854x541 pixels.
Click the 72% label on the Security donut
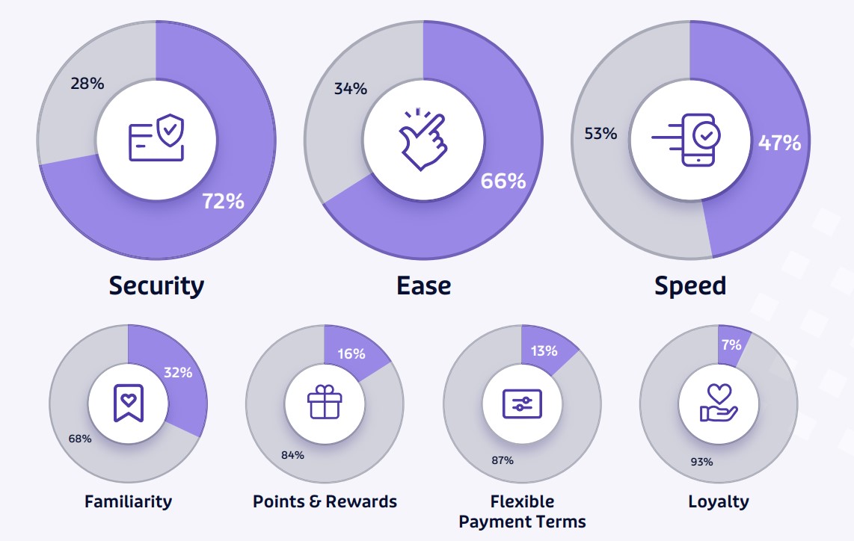[224, 201]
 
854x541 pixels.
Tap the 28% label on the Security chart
[87, 83]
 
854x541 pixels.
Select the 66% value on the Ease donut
[503, 181]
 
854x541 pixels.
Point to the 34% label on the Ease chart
[351, 88]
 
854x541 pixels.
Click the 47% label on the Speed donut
[780, 143]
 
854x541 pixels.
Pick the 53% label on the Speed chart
[600, 133]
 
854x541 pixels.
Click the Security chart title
[156, 285]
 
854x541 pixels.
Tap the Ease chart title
[424, 285]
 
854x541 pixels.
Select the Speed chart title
[690, 285]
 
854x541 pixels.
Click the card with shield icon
[156, 137]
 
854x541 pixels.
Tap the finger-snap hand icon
[423, 139]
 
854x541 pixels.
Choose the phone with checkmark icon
[686, 140]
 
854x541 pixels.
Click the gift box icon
[325, 402]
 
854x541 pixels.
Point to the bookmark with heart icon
[129, 403]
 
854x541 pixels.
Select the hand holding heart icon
[719, 403]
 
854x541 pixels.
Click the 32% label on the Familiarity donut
[178, 372]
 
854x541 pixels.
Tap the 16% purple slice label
[351, 353]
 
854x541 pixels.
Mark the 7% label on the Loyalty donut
[731, 344]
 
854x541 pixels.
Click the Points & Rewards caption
[325, 501]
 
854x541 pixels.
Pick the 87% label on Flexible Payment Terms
[503, 460]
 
